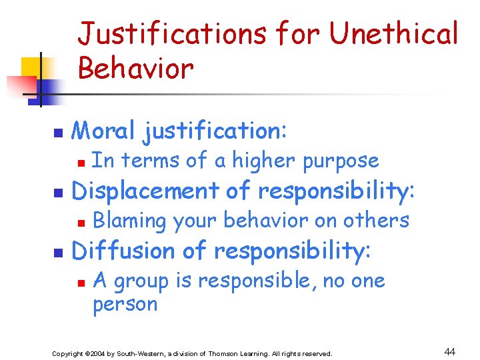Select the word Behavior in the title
coord(135,67)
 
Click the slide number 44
coord(449,352)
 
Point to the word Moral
coord(104,131)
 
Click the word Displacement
coord(145,191)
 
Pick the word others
coord(379,221)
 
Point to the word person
coord(125,305)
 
